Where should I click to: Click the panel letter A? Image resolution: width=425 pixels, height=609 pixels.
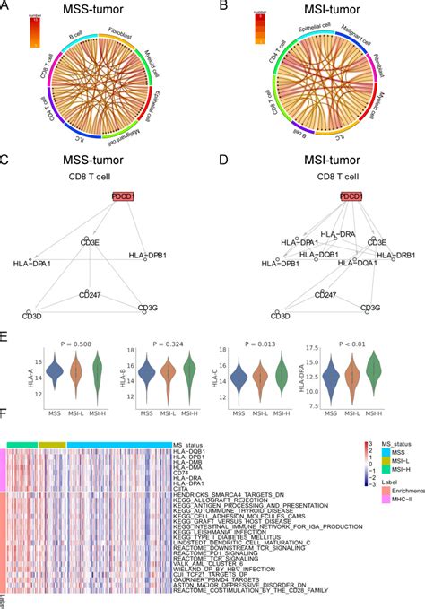[7, 7]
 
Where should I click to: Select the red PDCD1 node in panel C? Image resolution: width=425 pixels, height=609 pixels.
[90, 196]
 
